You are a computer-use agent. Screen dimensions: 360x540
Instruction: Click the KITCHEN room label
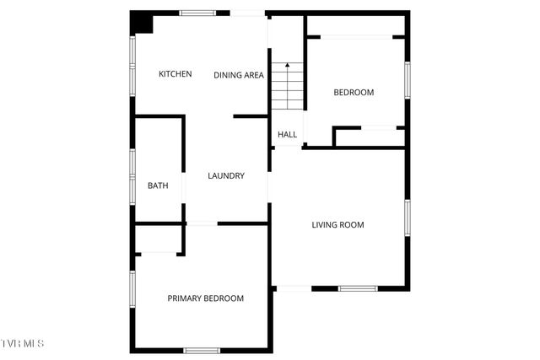point(175,74)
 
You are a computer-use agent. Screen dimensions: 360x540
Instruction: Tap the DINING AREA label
point(239,75)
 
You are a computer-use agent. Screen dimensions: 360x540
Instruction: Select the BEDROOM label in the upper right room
point(354,93)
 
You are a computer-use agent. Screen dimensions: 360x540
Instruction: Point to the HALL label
point(287,134)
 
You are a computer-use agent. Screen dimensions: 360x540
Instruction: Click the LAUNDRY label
point(226,176)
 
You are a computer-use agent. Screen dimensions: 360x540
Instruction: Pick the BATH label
point(158,185)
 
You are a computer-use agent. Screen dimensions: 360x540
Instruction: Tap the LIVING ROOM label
point(337,224)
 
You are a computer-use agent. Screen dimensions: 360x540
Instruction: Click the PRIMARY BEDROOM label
point(205,298)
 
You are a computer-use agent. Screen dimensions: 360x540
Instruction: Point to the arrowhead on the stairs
point(287,65)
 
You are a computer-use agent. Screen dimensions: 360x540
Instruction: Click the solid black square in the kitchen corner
point(141,24)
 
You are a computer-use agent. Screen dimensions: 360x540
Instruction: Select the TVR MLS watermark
point(23,344)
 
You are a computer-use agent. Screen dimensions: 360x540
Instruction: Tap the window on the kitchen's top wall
point(197,13)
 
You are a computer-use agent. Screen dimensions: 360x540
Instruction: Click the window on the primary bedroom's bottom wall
point(202,350)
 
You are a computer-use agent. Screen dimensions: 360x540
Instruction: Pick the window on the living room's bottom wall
point(357,289)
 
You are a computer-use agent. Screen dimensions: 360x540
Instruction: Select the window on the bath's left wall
point(132,177)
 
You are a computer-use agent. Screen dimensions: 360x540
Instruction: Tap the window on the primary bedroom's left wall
point(132,287)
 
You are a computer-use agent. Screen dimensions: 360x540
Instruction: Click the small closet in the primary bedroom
point(157,239)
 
